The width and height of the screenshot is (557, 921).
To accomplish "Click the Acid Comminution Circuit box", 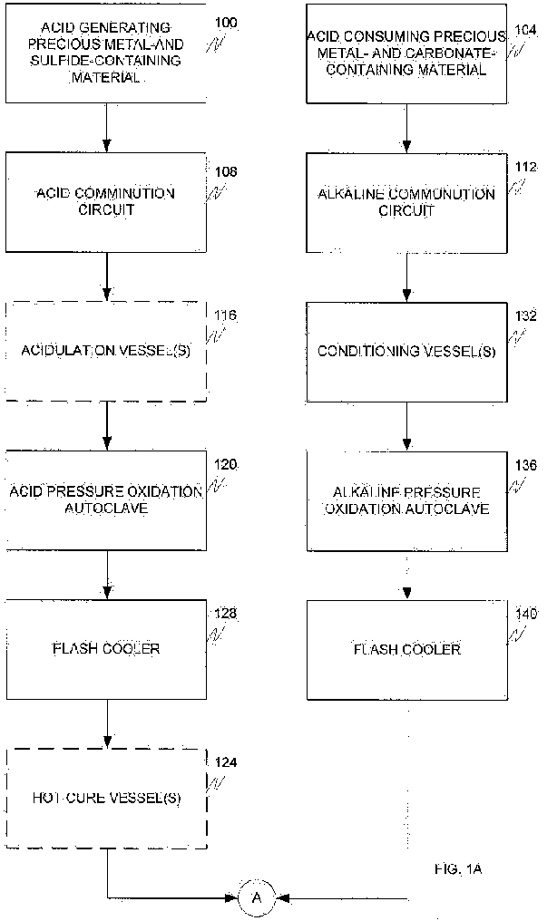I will [106, 201].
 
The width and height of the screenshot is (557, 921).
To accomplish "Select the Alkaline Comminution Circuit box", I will [406, 202].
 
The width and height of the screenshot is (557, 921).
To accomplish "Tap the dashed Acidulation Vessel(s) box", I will [106, 351].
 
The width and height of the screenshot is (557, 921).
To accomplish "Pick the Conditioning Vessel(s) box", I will [406, 351].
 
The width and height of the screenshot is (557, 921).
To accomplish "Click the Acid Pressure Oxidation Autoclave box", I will [106, 499].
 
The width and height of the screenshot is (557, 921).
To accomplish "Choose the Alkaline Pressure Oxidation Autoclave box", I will [406, 500].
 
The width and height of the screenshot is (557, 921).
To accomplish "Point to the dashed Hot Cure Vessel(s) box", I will [106, 798].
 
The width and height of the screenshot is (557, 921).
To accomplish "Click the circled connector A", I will [256, 898].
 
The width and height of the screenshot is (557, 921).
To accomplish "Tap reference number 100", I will [228, 23].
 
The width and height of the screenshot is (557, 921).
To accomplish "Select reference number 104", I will [525, 30].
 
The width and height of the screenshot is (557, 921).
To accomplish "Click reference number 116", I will [226, 315].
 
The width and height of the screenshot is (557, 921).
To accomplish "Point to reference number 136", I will [525, 465].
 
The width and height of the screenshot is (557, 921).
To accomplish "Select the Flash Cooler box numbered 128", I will [106, 649].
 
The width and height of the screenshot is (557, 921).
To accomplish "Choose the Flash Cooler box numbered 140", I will [406, 649].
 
